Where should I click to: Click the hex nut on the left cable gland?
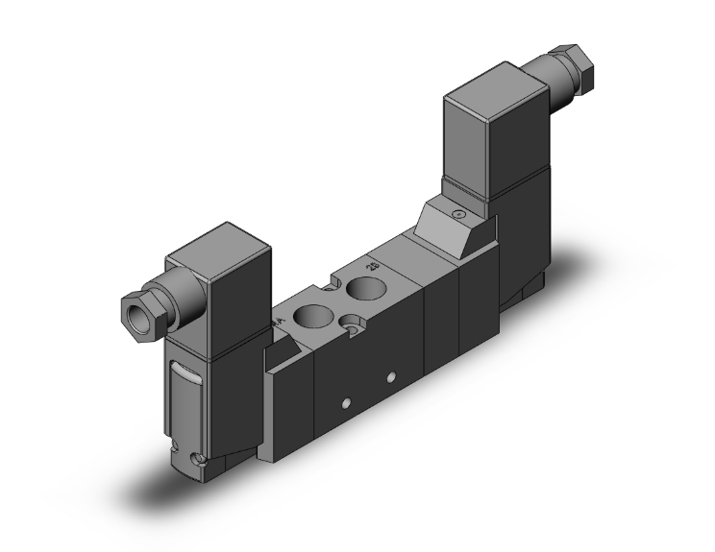(138, 309)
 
